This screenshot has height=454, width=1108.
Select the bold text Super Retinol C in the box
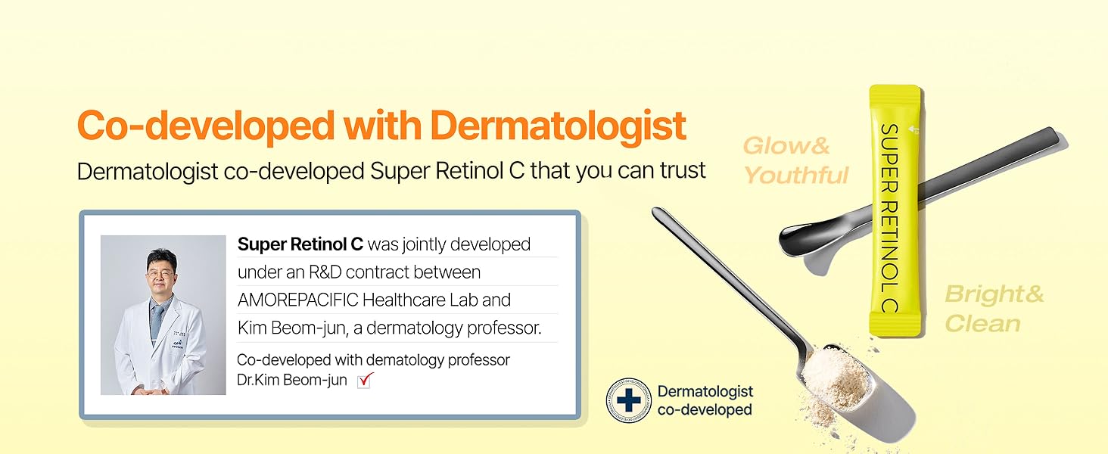click(300, 244)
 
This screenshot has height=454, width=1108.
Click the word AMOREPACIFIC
click(297, 300)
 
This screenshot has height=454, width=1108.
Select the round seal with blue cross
click(629, 400)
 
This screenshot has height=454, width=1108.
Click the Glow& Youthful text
click(795, 160)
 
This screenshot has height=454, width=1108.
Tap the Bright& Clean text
click(994, 309)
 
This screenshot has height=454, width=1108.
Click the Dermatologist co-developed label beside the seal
click(705, 400)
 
